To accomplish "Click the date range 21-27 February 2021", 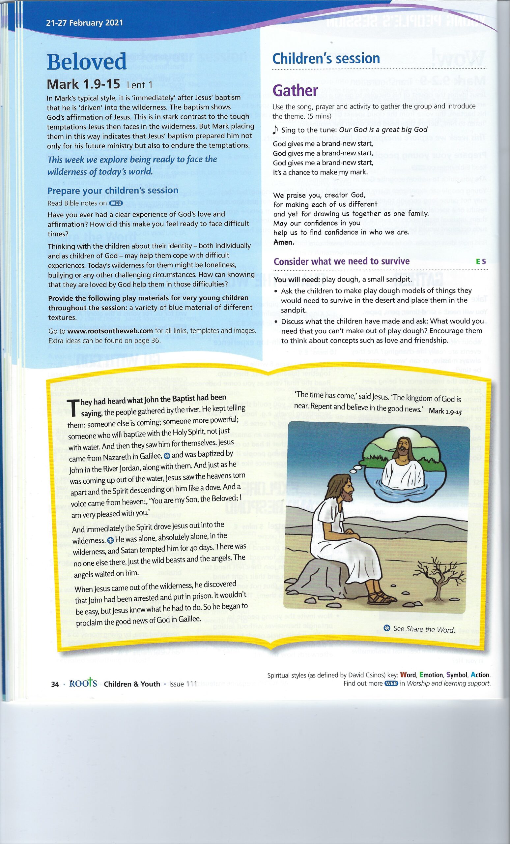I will pos(84,23).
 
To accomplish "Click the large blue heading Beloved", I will pos(87,62).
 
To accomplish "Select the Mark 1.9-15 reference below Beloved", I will pos(83,84).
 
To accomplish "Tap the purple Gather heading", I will pos(296,91).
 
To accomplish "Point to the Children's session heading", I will pos(326,59).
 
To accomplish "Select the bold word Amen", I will pos(284,242).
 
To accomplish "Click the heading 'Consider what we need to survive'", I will pos(342,261).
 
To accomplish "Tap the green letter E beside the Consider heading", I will pos(478,262).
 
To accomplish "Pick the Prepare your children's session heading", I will pos(113,191).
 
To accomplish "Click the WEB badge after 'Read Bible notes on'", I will pos(116,203).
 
